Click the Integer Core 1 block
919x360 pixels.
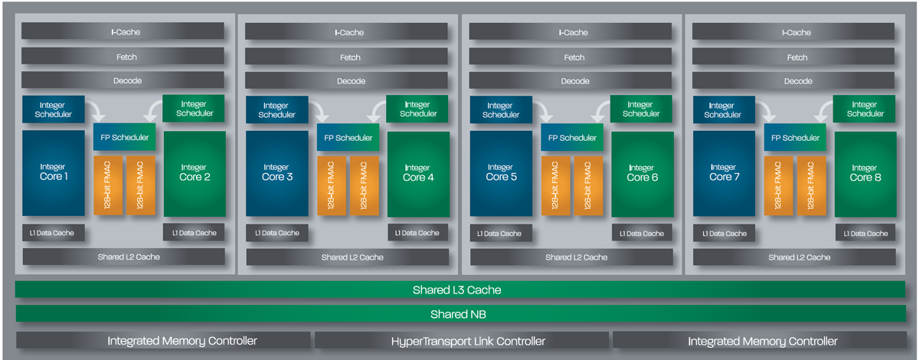click(53, 172)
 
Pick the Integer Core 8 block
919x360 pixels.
click(865, 173)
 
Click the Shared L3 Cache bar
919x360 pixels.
click(459, 290)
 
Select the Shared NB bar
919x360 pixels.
click(459, 314)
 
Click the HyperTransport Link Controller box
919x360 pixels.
click(462, 341)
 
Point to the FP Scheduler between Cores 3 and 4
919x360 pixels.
click(348, 138)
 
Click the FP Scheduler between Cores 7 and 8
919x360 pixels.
click(796, 138)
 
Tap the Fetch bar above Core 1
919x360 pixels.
click(123, 57)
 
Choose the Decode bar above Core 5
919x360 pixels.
click(570, 81)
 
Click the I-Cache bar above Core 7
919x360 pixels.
click(793, 32)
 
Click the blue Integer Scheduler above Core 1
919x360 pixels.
click(53, 110)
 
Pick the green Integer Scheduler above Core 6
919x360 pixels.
click(641, 109)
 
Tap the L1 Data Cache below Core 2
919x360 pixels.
click(194, 233)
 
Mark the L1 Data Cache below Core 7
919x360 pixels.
click(723, 233)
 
